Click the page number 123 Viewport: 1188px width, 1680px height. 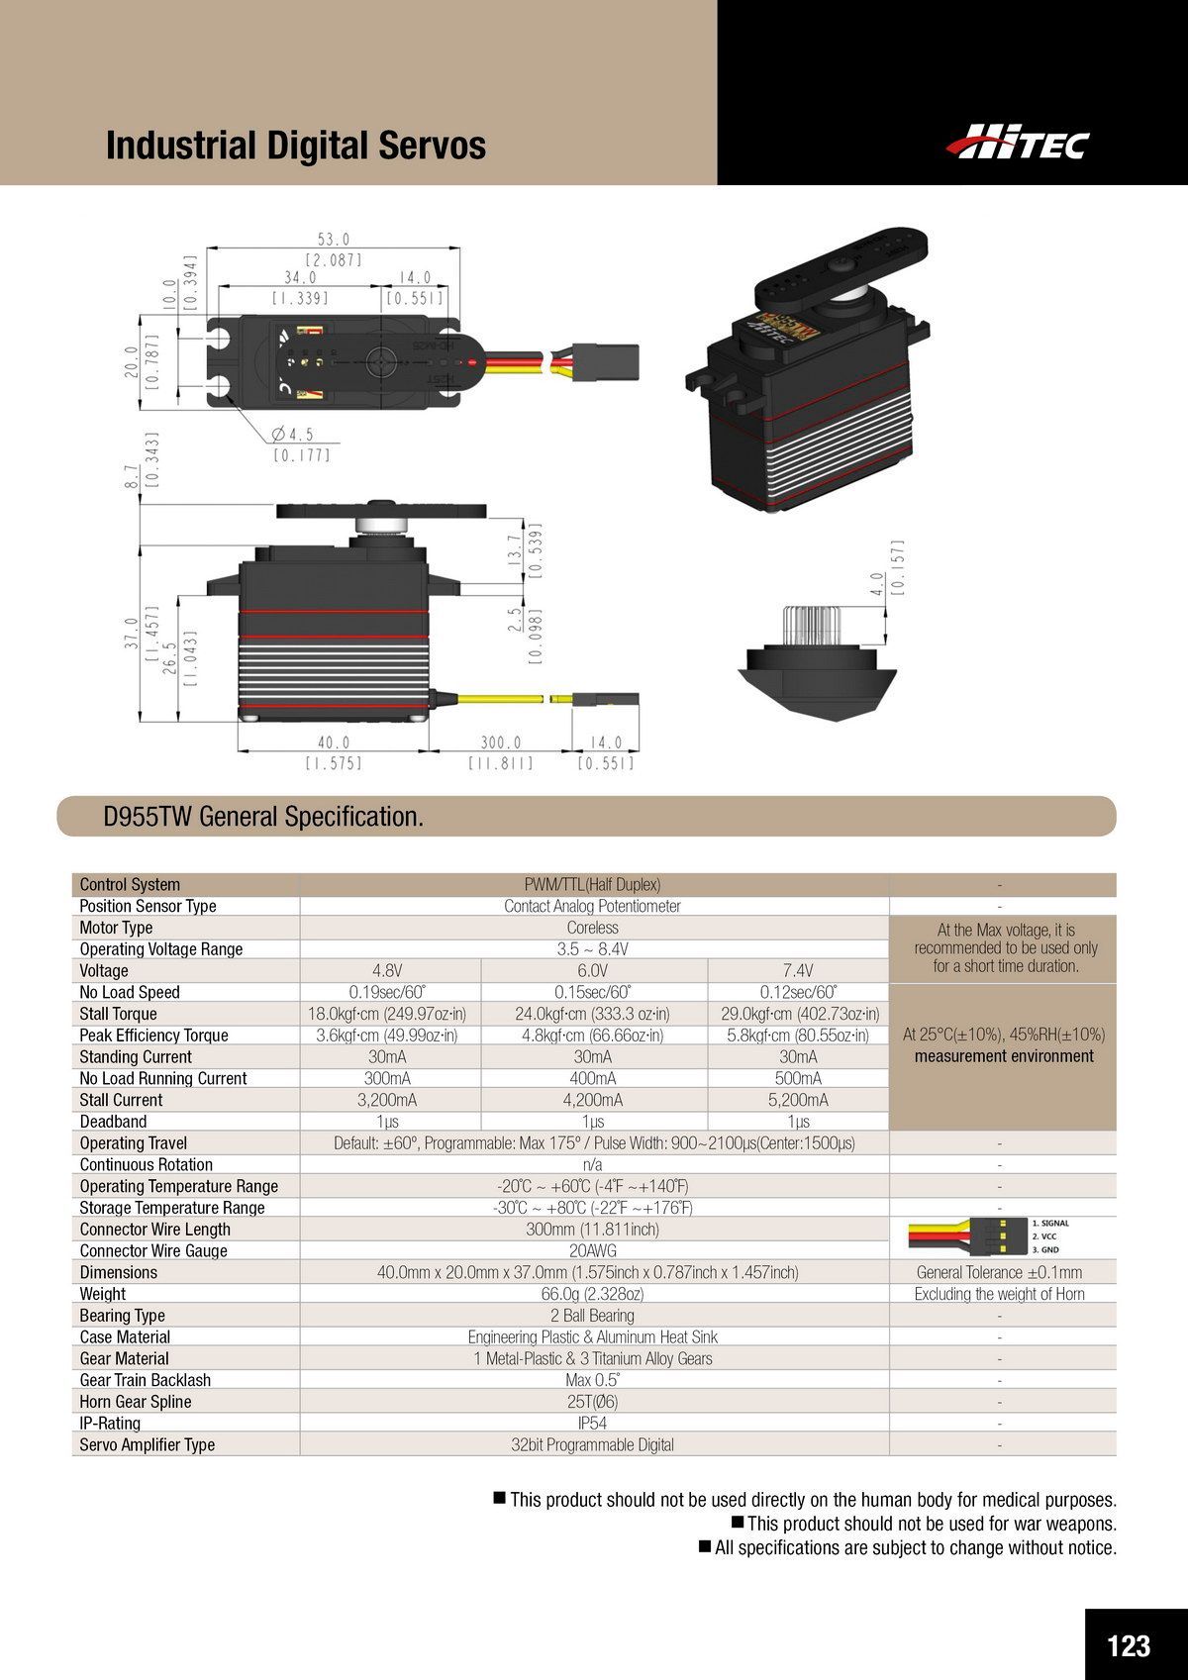[x=1129, y=1619]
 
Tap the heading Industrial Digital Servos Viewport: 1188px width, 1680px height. [x=295, y=146]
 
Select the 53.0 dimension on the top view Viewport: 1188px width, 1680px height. [x=334, y=240]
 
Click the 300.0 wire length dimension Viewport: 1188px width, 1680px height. [x=501, y=742]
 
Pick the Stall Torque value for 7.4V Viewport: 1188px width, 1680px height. [x=798, y=1014]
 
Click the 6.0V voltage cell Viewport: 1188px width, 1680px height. [x=592, y=970]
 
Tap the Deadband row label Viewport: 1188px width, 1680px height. [x=113, y=1122]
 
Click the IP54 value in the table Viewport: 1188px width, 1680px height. [x=592, y=1424]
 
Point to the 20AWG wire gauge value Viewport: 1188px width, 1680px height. [x=592, y=1251]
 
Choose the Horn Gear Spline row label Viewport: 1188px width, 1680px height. [x=136, y=1402]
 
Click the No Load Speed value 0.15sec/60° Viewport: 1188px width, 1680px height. [x=592, y=992]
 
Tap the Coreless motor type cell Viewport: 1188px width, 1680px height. [x=592, y=928]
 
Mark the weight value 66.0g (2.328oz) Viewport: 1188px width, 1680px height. [x=592, y=1294]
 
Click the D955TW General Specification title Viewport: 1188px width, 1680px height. [x=263, y=817]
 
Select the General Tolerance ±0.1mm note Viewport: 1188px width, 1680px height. [x=999, y=1273]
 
